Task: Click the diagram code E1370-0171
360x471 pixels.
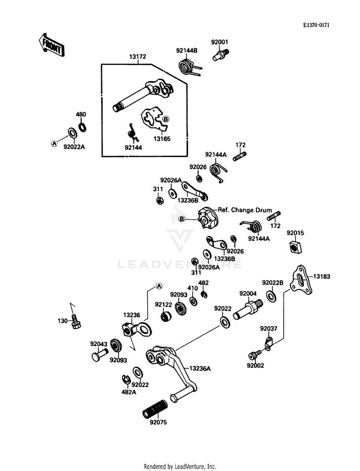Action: (x=316, y=25)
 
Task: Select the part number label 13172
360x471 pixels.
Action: (x=138, y=57)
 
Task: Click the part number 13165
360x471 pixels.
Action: (x=162, y=139)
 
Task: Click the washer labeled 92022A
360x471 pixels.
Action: (x=72, y=132)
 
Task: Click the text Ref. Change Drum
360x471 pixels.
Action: (x=245, y=210)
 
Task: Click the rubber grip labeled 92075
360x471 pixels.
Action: (x=155, y=409)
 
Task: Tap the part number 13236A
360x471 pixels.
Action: (x=200, y=368)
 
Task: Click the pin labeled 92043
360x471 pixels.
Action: (x=99, y=354)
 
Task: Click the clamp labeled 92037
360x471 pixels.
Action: (x=269, y=343)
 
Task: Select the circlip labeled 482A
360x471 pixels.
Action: (x=126, y=379)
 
